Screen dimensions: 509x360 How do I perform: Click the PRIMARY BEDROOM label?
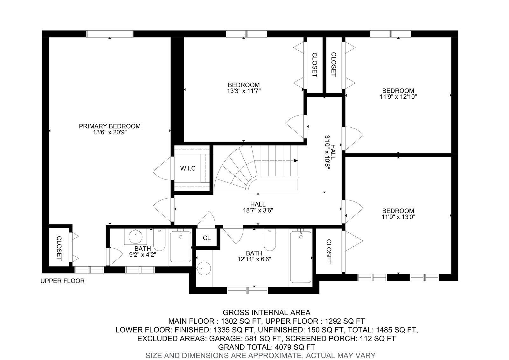pos(110,126)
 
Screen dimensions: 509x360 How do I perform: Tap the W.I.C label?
pos(188,168)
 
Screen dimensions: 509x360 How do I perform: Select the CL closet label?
pos(207,238)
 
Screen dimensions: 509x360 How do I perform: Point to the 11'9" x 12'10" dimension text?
pos(398,97)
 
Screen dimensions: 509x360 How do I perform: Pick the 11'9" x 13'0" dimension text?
pos(398,217)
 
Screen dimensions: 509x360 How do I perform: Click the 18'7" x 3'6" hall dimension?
pos(258,210)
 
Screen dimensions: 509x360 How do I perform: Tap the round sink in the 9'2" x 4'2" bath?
pos(136,237)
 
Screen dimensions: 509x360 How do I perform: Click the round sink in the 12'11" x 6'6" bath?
pos(204,268)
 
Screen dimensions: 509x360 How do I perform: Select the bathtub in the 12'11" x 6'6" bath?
pos(301,257)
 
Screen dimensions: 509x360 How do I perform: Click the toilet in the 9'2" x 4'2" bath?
pos(159,240)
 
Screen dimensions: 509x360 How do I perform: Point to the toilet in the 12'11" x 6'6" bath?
pos(270,240)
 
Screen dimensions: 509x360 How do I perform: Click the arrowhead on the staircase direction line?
pos(296,161)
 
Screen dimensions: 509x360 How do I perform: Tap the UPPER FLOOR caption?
pos(62,281)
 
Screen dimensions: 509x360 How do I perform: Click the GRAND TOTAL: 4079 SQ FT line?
pos(267,347)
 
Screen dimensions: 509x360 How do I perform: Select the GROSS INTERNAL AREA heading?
pos(267,313)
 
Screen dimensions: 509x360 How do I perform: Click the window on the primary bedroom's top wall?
pos(110,34)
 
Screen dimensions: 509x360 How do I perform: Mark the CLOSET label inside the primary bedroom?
pos(59,248)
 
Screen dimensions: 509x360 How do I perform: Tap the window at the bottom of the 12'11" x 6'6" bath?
pos(248,290)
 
